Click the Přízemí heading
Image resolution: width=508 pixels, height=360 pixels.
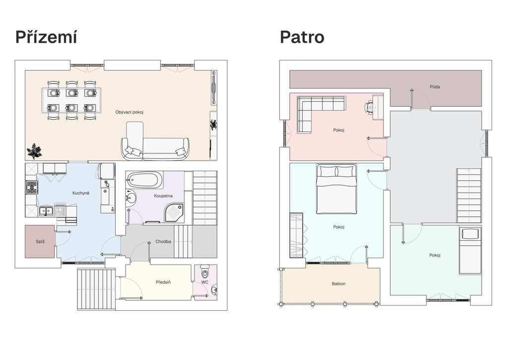(x=46, y=37)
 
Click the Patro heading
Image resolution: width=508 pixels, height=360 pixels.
(x=302, y=37)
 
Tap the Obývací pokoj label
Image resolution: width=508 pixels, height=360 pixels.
(x=129, y=112)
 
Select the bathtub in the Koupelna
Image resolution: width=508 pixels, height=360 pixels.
(x=145, y=180)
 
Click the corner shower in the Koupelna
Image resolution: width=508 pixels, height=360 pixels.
(x=175, y=213)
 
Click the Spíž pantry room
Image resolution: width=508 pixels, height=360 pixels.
(x=40, y=242)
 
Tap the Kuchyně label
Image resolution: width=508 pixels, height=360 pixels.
(x=81, y=193)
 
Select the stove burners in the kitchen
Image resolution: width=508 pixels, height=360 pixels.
(x=32, y=188)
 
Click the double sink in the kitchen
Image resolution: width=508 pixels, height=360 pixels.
(x=46, y=212)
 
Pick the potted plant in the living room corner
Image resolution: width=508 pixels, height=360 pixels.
(x=34, y=151)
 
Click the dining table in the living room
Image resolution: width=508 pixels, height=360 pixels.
(x=71, y=100)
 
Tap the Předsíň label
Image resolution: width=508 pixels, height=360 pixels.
(x=163, y=282)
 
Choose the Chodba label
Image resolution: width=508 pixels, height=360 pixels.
(x=163, y=241)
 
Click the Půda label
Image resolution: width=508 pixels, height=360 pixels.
(x=435, y=87)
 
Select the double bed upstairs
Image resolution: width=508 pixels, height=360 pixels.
(x=337, y=189)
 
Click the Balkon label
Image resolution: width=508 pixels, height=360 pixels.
(x=338, y=284)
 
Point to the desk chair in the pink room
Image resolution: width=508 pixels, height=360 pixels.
(x=369, y=107)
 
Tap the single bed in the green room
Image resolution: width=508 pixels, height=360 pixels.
(x=470, y=250)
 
